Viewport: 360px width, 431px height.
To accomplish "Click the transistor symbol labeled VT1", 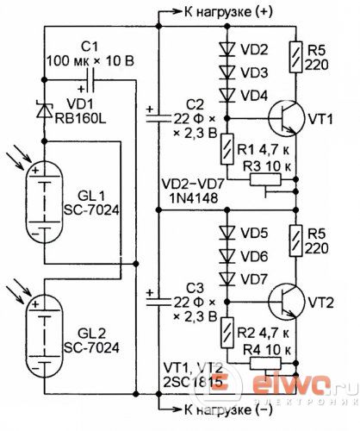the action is [286, 118].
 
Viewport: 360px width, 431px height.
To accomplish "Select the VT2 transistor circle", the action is [286, 302].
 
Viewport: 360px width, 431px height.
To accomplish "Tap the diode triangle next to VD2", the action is [227, 49].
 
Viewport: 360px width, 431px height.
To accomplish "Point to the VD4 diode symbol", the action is [227, 95].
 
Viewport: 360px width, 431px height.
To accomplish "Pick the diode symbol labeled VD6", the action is [227, 256].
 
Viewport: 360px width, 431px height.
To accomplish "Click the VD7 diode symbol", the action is [227, 278].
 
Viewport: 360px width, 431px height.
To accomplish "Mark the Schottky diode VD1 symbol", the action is [44, 109].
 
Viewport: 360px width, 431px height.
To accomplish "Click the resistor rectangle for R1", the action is [227, 149].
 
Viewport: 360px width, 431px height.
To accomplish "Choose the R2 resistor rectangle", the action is [227, 333].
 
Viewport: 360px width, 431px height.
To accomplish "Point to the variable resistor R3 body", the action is [265, 179].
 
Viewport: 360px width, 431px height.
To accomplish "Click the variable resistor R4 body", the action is [265, 364].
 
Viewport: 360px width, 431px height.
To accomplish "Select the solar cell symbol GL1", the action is [44, 201].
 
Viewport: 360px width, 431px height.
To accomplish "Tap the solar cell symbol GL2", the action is [44, 336].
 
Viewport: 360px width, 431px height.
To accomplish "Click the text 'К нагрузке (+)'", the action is [228, 12].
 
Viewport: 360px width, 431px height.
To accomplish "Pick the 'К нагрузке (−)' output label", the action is [228, 409].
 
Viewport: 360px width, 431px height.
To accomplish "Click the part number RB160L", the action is [80, 118].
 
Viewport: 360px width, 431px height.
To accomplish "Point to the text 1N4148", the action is [193, 198].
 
